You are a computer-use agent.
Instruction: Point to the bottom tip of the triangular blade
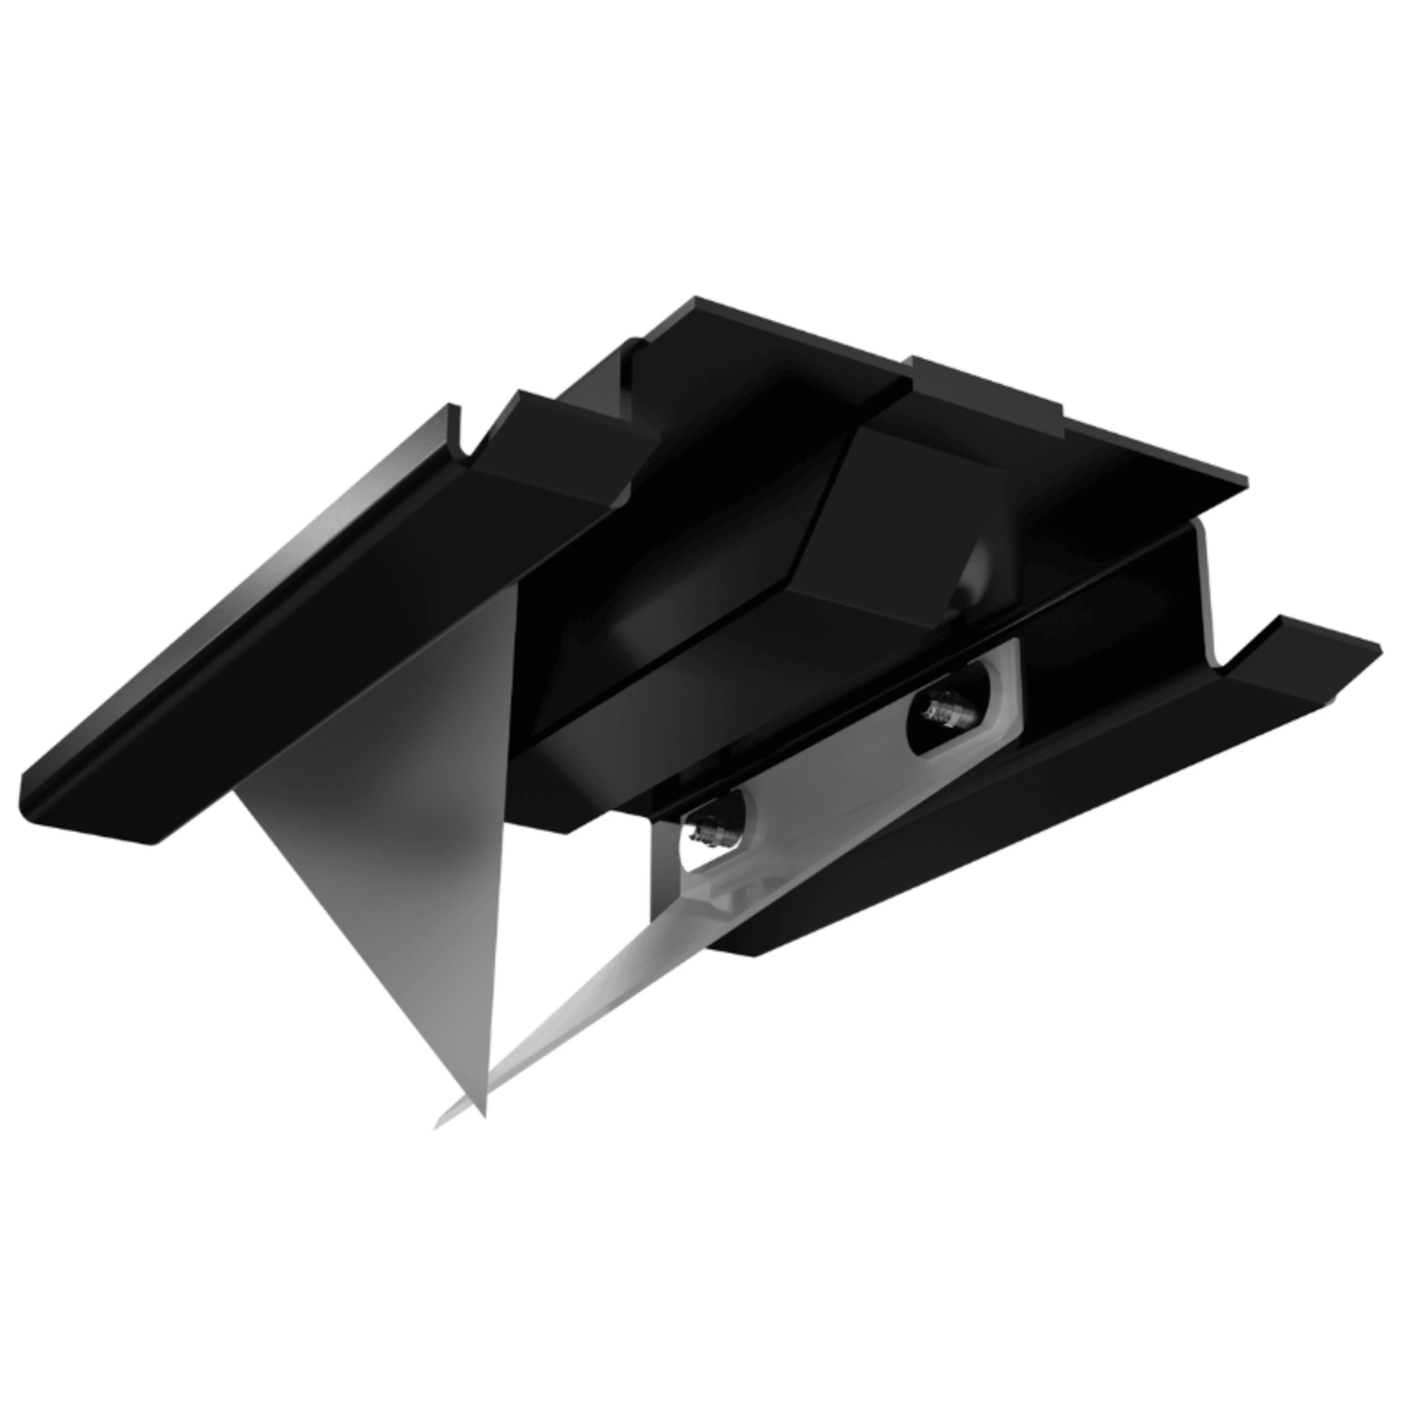tap(482, 1113)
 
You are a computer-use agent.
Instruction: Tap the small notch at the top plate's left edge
tap(636, 347)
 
